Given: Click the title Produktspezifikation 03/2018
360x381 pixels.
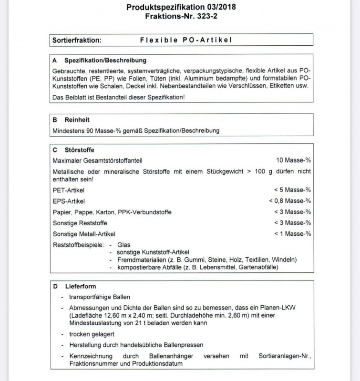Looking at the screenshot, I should click(x=181, y=7).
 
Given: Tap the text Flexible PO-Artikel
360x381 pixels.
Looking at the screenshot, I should click(x=186, y=40).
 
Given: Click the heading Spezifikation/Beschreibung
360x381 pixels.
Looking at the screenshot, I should click(x=105, y=61).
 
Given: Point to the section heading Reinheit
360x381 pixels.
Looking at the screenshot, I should click(x=77, y=120).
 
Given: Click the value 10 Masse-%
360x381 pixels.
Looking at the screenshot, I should click(x=293, y=160).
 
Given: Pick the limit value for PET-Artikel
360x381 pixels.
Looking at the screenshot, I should click(x=293, y=190).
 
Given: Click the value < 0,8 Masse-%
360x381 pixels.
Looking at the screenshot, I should click(x=290, y=201).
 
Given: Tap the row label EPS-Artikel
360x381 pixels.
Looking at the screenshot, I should click(x=69, y=201).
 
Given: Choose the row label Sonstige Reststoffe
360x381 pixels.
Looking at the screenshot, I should click(x=80, y=223).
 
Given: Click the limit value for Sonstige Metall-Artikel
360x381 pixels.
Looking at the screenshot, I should click(x=293, y=234).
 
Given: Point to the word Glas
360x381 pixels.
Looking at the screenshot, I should click(x=123, y=245).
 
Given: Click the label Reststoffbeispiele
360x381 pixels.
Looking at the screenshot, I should click(x=78, y=245).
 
